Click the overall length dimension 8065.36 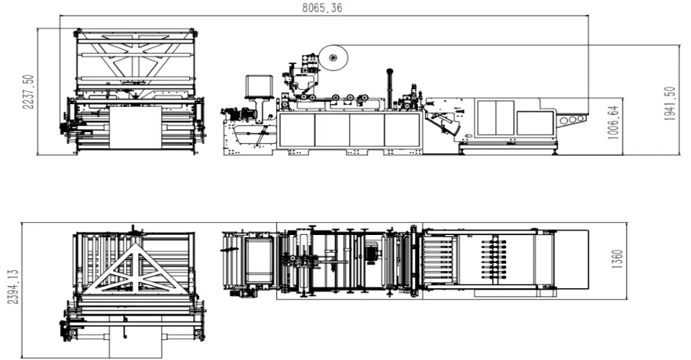[x=321, y=8]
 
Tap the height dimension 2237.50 [x=28, y=92]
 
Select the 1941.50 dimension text [x=669, y=103]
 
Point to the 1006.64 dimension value [x=613, y=122]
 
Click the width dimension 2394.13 [x=13, y=287]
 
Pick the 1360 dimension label [x=618, y=259]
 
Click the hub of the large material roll [x=333, y=57]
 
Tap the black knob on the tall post [x=390, y=72]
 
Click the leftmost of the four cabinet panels [x=296, y=130]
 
